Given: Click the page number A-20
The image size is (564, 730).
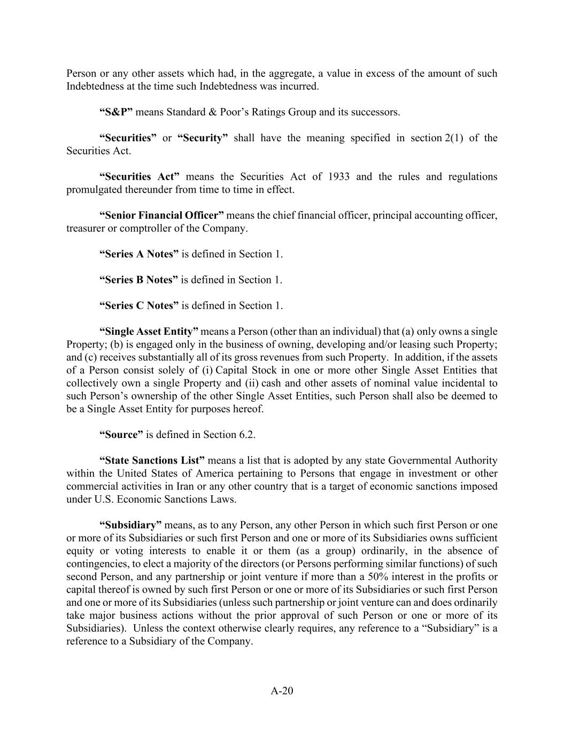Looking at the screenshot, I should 282,690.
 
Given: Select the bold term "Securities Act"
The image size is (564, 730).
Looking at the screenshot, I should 140,177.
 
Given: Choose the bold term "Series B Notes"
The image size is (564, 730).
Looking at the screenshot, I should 138,280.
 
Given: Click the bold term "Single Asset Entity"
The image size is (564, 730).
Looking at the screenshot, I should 149,332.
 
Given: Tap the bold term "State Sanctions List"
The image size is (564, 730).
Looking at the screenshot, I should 152,460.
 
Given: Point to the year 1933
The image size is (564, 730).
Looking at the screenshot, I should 339,177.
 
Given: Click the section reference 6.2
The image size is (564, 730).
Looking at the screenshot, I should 246,435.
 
